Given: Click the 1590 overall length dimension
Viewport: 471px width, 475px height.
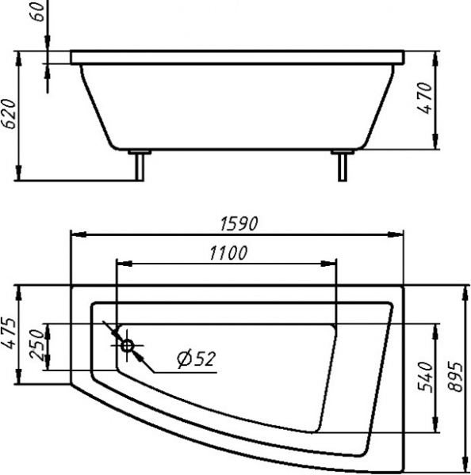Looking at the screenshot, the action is tap(239, 223).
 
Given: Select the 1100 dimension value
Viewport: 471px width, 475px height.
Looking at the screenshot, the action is tap(228, 253).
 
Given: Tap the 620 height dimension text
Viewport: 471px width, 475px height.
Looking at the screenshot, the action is tap(8, 114).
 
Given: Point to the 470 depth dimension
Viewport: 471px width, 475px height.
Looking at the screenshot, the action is tap(424, 98).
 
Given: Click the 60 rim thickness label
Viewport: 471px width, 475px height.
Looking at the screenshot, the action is tap(37, 11).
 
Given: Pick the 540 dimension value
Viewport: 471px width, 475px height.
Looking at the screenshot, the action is tap(425, 377).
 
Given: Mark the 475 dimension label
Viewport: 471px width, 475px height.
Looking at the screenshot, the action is tap(8, 333).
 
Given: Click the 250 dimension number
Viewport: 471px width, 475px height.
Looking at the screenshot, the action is tap(37, 345).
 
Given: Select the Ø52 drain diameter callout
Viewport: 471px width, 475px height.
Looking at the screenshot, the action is tap(196, 359).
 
